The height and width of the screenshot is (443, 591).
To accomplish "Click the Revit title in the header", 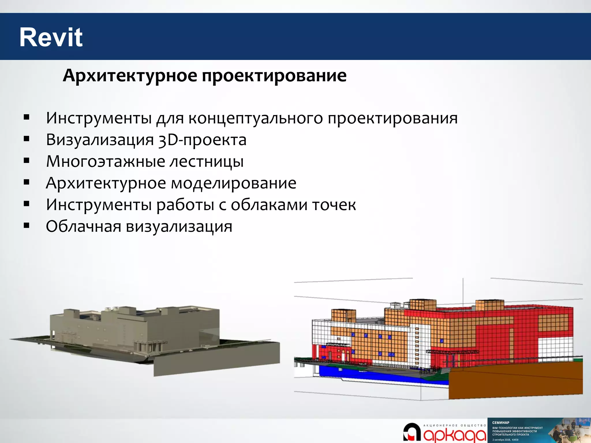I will (51, 37).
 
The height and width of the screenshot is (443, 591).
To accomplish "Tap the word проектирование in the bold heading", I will (274, 76).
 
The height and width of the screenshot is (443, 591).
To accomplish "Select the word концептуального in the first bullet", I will (255, 118).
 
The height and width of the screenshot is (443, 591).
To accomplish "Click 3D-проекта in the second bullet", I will (202, 140).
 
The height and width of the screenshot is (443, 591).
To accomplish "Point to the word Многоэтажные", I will (105, 162).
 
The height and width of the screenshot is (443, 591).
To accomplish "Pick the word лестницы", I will (206, 162).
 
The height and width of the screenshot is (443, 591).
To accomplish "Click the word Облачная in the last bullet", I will (83, 226).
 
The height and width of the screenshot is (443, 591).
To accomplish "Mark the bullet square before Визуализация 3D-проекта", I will (27, 139).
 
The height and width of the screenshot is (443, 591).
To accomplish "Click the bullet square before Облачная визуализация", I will (27, 226).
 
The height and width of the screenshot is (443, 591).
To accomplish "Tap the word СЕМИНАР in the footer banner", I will (501, 423).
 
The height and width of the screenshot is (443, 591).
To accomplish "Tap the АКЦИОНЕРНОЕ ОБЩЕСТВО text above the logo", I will (455, 425).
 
